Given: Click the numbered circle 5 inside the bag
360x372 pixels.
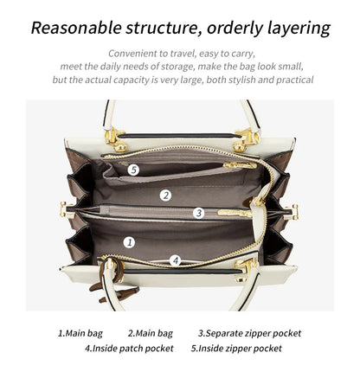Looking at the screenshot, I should click(133, 170).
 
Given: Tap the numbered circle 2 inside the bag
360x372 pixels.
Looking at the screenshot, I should click(165, 196).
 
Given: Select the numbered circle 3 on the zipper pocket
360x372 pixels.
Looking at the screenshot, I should click(198, 213).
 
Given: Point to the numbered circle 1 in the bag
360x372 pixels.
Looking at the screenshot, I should click(129, 242).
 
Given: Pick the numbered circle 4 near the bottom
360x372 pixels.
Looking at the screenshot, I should click(175, 260).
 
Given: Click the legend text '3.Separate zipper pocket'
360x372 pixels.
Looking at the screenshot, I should click(249, 333).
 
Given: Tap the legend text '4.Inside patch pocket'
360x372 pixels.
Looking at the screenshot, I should click(128, 348).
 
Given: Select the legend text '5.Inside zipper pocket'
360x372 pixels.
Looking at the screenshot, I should click(235, 348).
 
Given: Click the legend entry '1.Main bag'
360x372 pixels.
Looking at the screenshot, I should click(80, 333).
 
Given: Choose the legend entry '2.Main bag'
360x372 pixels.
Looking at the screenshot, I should click(150, 333).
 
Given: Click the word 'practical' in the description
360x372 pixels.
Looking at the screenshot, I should click(289, 80).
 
